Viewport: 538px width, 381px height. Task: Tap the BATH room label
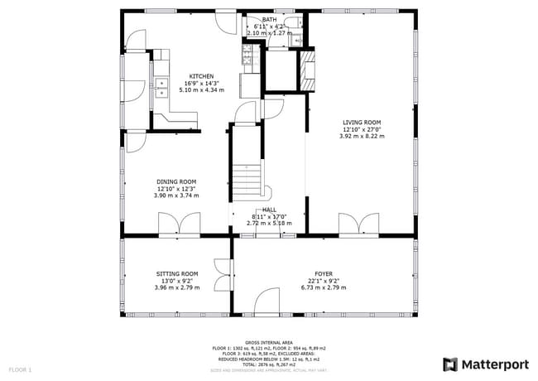(270, 19)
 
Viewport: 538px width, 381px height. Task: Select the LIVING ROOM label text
(362, 123)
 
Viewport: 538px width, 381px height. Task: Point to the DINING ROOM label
(176, 182)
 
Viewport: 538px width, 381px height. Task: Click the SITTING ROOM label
(176, 273)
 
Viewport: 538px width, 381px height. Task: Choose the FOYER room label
(323, 273)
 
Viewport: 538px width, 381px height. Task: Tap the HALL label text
(270, 210)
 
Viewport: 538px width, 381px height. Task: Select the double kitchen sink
(160, 87)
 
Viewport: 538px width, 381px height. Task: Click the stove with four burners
(247, 55)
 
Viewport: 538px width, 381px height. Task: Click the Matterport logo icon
(450, 364)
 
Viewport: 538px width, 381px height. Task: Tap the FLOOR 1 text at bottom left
(20, 369)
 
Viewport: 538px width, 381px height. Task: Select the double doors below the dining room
(179, 224)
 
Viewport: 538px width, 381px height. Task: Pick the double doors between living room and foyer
(358, 224)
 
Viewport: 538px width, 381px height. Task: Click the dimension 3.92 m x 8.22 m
(362, 136)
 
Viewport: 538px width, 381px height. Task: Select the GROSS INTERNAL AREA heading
(270, 341)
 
